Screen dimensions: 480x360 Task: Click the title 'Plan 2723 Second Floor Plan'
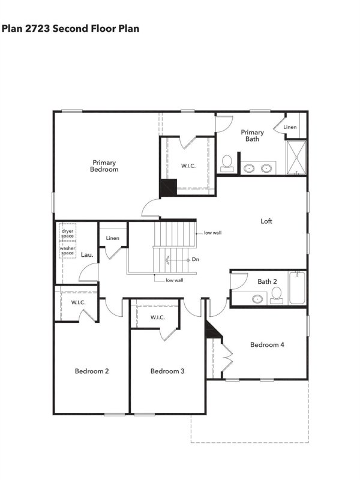click(71, 28)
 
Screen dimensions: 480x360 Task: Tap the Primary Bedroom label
click(104, 166)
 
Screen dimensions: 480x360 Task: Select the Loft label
click(266, 221)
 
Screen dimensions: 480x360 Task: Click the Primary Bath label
click(252, 136)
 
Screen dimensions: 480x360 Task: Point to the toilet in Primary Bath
click(227, 162)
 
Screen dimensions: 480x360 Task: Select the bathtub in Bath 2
click(298, 289)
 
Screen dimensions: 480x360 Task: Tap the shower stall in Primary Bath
click(296, 157)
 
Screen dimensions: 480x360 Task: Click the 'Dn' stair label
click(196, 259)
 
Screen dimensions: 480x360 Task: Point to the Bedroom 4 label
click(267, 344)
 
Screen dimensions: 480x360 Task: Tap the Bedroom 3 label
click(167, 371)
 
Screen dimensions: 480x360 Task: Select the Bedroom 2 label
click(91, 371)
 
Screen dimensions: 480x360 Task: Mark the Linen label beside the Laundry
click(113, 238)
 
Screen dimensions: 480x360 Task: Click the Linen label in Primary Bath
click(290, 127)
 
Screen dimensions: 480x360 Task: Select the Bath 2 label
click(267, 281)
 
